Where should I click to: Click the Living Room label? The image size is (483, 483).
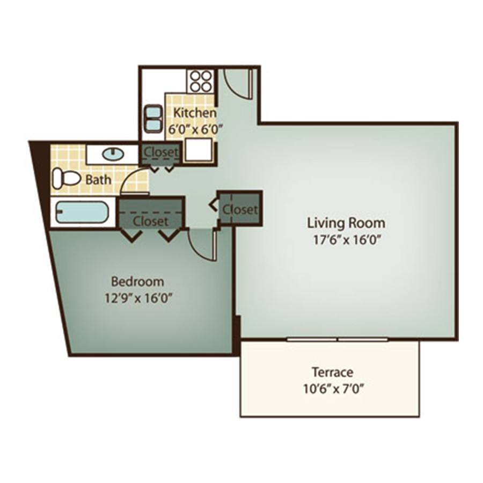click(346, 223)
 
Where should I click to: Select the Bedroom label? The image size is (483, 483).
click(137, 282)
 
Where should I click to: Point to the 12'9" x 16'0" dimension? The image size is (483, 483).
click(138, 298)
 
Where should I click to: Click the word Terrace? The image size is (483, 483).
click(332, 372)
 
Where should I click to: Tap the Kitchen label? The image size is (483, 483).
click(195, 113)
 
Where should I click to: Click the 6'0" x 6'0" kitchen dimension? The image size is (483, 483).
click(195, 129)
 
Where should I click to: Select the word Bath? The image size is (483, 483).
click(98, 180)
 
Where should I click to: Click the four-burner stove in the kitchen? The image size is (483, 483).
click(201, 81)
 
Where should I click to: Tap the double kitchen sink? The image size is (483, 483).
click(153, 119)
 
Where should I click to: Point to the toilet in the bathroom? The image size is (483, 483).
click(66, 178)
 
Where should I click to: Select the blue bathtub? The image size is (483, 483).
click(82, 212)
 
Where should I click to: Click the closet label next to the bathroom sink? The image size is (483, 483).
click(161, 152)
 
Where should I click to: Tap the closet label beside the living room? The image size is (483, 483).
click(240, 209)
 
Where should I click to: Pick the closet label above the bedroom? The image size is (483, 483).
click(151, 221)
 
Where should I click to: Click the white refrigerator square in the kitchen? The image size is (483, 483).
click(199, 149)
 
